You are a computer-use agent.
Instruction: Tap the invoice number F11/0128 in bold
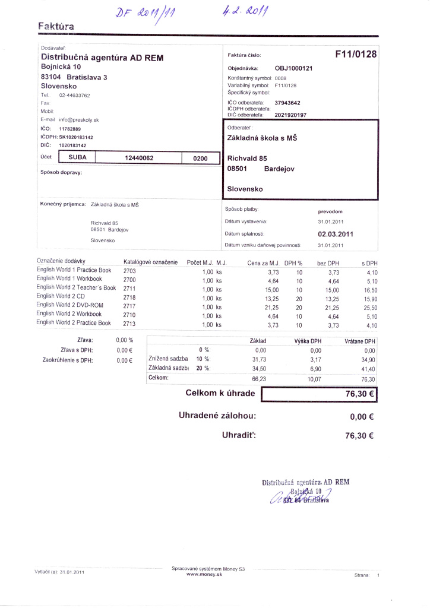(356, 55)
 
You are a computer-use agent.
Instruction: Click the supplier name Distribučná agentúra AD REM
(102, 58)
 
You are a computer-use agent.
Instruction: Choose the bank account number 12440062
(140, 158)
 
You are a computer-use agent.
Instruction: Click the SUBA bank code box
(78, 158)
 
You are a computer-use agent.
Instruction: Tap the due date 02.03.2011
(336, 234)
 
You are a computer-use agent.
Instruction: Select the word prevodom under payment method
(330, 211)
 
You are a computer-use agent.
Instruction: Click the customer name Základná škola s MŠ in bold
(263, 138)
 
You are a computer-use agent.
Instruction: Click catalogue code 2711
(129, 288)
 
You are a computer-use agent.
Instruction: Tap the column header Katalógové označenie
(150, 262)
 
